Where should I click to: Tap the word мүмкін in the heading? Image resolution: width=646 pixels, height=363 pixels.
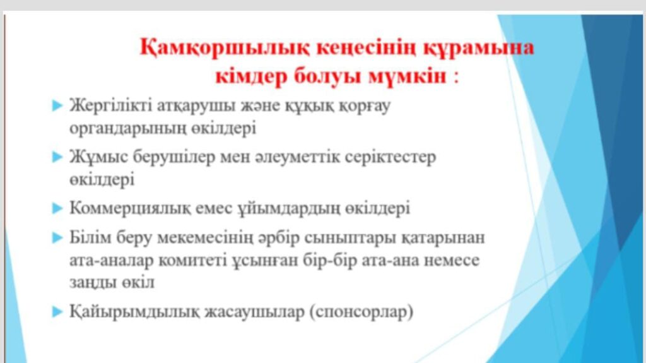point(407,76)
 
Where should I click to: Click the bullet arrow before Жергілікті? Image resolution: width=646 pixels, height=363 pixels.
point(57,106)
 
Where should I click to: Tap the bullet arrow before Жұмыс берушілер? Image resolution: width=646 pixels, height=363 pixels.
point(57,157)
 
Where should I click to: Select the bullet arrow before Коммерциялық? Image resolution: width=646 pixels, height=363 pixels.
point(57,208)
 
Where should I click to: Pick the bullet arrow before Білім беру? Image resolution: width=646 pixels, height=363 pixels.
point(57,238)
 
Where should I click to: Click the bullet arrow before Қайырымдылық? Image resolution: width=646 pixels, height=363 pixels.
point(57,312)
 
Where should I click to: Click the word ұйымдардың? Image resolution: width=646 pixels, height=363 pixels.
point(289,209)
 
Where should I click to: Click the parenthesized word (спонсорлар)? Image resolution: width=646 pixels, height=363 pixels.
point(361,312)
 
